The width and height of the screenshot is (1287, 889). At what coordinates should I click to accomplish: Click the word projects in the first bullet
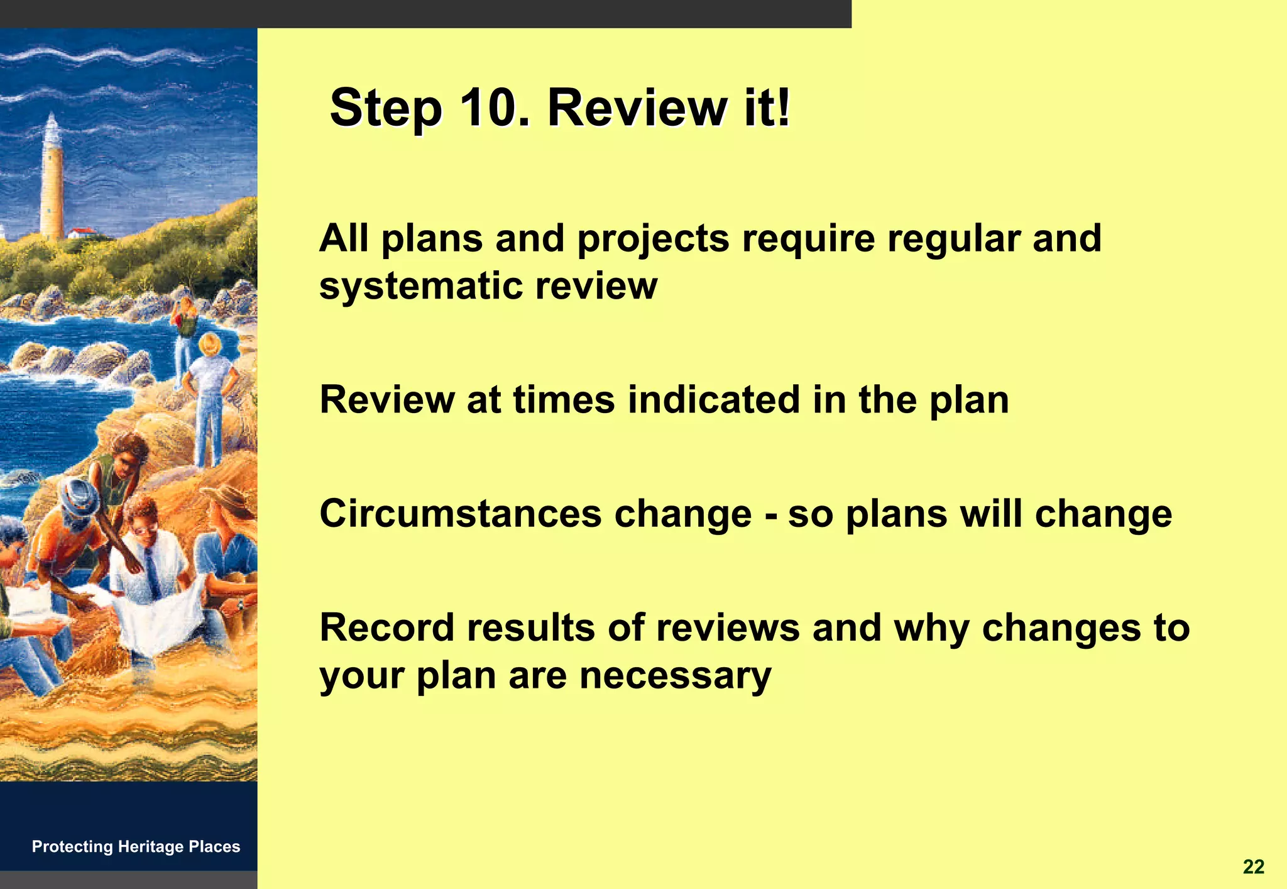(653, 240)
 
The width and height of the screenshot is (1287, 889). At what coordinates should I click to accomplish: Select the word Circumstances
(460, 514)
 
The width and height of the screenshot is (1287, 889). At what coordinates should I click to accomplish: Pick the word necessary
(675, 676)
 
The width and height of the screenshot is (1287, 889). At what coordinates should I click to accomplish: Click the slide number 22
(1253, 867)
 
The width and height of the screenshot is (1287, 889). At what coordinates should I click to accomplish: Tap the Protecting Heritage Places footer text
(136, 846)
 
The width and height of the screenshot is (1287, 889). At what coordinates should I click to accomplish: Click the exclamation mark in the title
(782, 108)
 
